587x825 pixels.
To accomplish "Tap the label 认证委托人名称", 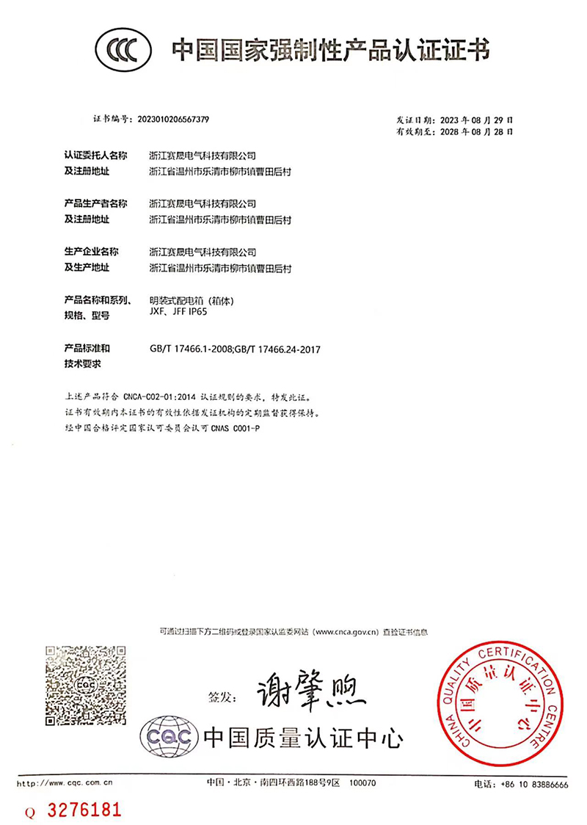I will (96, 156).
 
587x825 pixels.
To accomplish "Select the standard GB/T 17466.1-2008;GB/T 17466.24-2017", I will (235, 349).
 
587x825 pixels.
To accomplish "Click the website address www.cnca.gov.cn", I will (346, 630).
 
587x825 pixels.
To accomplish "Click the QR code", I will (80, 684).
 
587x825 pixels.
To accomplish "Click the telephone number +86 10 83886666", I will (533, 784).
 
